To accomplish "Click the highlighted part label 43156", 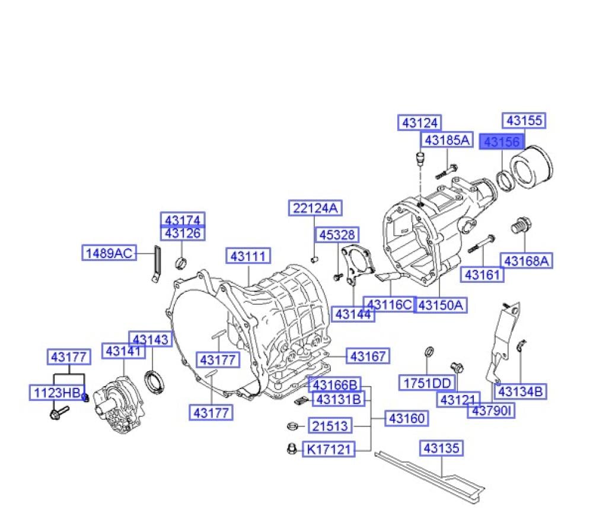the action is coord(502,142).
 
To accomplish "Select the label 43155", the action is coord(524,121).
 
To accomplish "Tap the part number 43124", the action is coord(420,123).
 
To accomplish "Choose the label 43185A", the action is coord(447,140).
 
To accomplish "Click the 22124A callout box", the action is coord(315,208).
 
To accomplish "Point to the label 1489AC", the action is coord(109,253).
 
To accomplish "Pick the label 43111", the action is coord(248,256).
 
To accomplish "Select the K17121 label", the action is coord(329,449).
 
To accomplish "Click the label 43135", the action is coord(441,448).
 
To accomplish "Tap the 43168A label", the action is coord(527,261).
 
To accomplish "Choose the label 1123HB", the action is coord(57,393).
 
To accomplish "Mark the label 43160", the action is coord(407,418).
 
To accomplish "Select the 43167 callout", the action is coord(368,356).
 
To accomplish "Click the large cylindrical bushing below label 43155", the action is coord(532,167).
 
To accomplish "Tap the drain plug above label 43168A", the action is coord(521,225).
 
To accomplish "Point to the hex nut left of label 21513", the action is coord(292,426).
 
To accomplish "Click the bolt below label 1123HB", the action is coord(59,412).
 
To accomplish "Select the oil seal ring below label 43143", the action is coord(154,382).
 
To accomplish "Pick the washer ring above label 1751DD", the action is coord(429,352).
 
